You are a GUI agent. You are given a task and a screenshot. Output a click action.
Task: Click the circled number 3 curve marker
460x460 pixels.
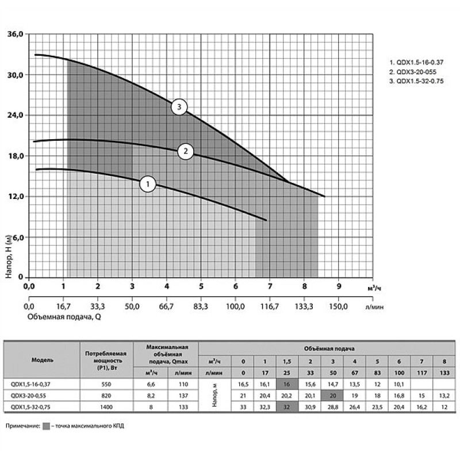tap(180, 107)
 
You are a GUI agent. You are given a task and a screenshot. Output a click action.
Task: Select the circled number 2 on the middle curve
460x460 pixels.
tap(186, 151)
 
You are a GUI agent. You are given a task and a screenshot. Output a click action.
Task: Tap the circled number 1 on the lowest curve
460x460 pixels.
tap(148, 184)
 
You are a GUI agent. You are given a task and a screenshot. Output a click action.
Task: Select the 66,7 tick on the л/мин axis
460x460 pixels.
tap(167, 306)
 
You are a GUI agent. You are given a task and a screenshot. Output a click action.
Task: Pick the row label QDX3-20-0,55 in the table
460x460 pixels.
tap(43, 395)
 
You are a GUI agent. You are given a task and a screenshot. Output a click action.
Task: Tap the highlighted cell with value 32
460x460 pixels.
tap(287, 407)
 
